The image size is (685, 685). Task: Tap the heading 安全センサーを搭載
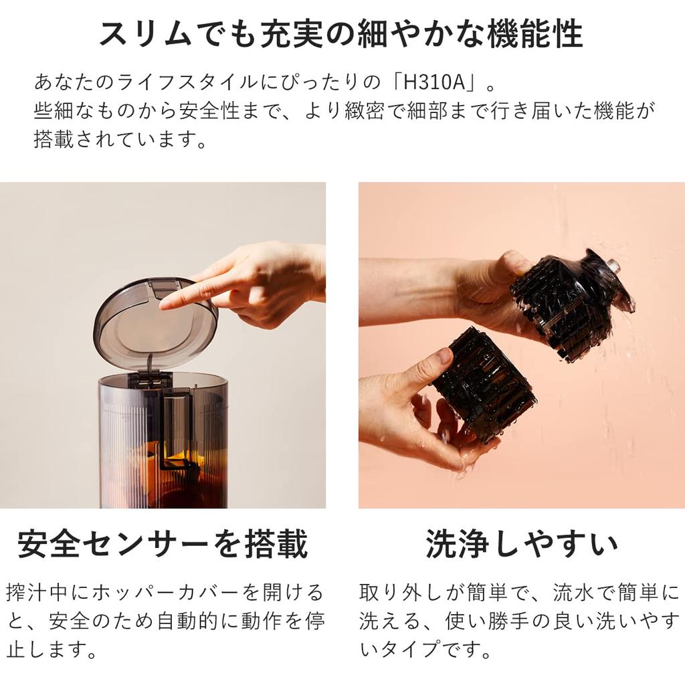(x=163, y=544)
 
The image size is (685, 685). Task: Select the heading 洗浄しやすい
(x=522, y=544)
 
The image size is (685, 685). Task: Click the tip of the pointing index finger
(x=163, y=305)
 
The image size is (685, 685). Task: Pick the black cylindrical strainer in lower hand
(x=483, y=383)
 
